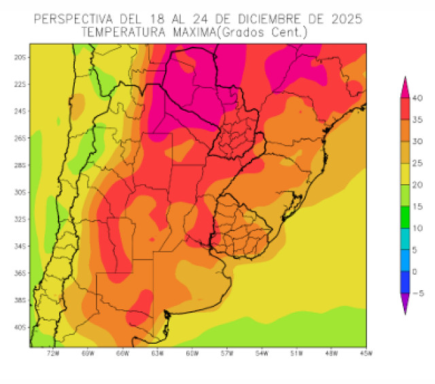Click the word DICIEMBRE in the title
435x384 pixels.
pos(275,18)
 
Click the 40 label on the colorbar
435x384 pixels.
pos(418,99)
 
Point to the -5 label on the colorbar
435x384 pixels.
pos(418,293)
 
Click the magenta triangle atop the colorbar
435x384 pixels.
pos(404,86)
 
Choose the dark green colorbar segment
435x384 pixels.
pos(404,217)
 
